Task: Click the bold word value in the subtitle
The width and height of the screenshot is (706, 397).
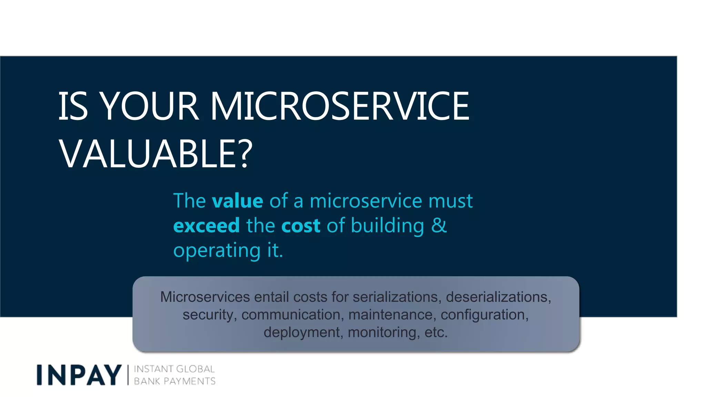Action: [x=238, y=201]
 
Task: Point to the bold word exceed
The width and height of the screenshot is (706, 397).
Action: [x=206, y=226]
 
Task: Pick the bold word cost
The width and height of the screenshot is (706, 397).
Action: [x=301, y=226]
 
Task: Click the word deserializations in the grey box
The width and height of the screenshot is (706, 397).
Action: [x=498, y=297]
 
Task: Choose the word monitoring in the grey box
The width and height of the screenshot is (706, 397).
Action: [x=384, y=332]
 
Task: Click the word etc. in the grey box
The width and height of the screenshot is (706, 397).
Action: [x=436, y=332]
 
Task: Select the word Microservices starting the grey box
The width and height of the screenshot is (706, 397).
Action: [x=205, y=297]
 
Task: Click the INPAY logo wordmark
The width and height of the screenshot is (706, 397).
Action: [x=79, y=375]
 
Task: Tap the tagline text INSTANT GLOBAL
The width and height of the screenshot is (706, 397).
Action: [x=174, y=369]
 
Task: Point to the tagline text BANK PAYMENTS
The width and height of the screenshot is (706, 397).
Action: [x=174, y=381]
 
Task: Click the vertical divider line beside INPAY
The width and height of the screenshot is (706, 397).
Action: [x=128, y=375]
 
